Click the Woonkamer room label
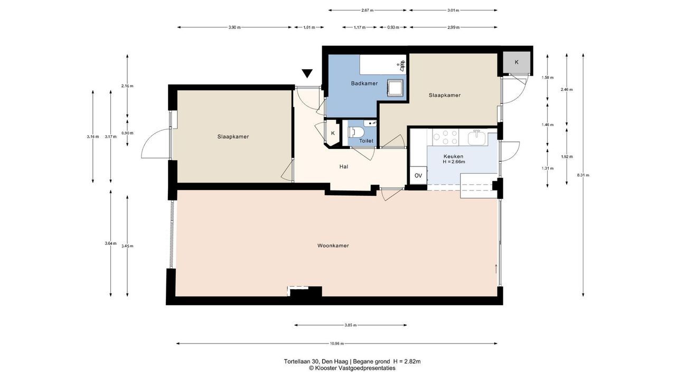333,246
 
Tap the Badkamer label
364,83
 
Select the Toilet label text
366,141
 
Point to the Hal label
344,166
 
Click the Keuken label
453,157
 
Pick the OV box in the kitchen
418,175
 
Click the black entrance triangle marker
307,73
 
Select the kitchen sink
477,138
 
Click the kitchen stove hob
445,137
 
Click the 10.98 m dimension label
337,344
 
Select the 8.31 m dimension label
583,175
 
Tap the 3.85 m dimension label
350,325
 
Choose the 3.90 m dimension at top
234,27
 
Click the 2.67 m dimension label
367,10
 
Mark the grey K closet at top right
517,62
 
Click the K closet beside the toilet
333,134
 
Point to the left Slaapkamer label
233,137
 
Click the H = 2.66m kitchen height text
454,161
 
